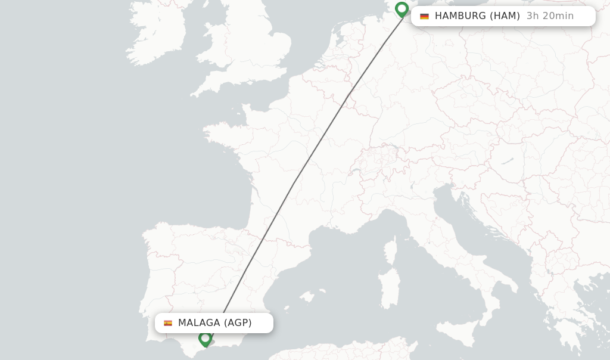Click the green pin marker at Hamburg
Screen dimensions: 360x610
tap(402, 9)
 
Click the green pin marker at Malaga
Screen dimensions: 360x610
tap(206, 339)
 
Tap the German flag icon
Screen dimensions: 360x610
tap(424, 16)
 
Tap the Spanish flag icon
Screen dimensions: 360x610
tap(168, 323)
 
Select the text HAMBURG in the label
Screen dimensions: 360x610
tap(460, 16)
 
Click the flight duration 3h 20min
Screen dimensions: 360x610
tap(550, 16)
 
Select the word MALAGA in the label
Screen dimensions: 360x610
tap(199, 323)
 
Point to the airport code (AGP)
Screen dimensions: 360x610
tap(238, 323)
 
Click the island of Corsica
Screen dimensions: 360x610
tap(391, 251)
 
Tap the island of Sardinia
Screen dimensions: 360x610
tap(389, 288)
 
